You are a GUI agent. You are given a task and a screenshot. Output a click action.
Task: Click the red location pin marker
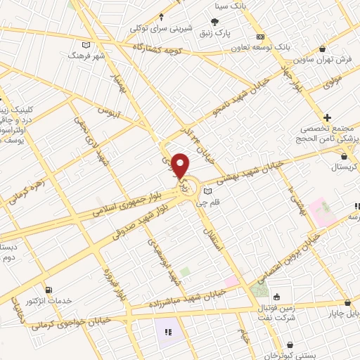[181, 165]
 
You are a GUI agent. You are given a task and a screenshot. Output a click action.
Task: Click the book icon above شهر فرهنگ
[86, 45]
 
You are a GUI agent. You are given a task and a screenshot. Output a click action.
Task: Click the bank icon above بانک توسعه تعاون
[260, 37]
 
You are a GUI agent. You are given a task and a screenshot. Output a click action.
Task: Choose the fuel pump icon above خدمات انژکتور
[48, 289]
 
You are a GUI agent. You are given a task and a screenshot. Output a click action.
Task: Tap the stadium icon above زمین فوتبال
[276, 296]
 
